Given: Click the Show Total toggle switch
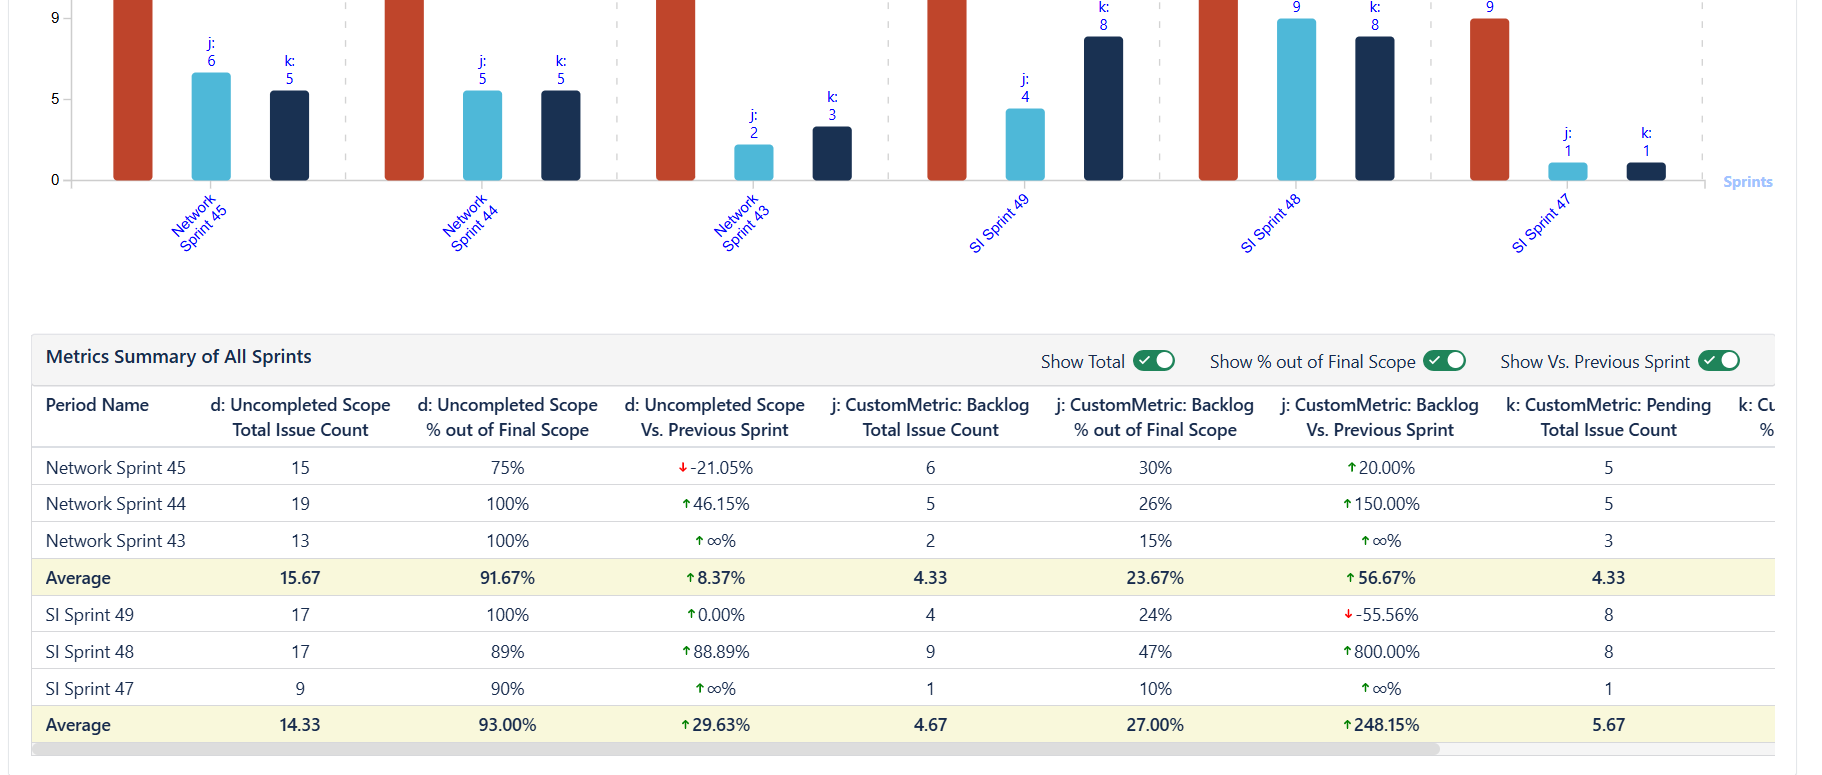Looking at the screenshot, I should (1153, 361).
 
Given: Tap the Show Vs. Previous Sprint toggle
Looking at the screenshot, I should (1719, 361).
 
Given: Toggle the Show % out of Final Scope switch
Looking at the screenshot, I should (1444, 361).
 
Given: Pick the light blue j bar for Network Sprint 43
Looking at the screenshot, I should (753, 162).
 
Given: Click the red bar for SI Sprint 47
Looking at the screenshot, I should (1489, 99).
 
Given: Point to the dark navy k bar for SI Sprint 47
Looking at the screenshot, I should (1646, 171).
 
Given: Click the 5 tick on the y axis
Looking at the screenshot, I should (55, 99).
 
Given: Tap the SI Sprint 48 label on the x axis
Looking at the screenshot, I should (1270, 224).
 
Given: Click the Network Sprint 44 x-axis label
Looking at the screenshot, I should (470, 223).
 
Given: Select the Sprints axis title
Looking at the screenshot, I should (1747, 182).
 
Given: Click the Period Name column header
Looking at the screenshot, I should (97, 405).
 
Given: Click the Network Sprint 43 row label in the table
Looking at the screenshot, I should (116, 541).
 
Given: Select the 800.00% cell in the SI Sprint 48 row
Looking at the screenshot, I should (1381, 652).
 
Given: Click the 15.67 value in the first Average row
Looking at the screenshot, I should (300, 578).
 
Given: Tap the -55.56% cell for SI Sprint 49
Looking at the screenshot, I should (1381, 615).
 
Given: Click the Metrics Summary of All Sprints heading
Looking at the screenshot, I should (179, 357).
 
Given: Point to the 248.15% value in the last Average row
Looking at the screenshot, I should (1381, 725).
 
